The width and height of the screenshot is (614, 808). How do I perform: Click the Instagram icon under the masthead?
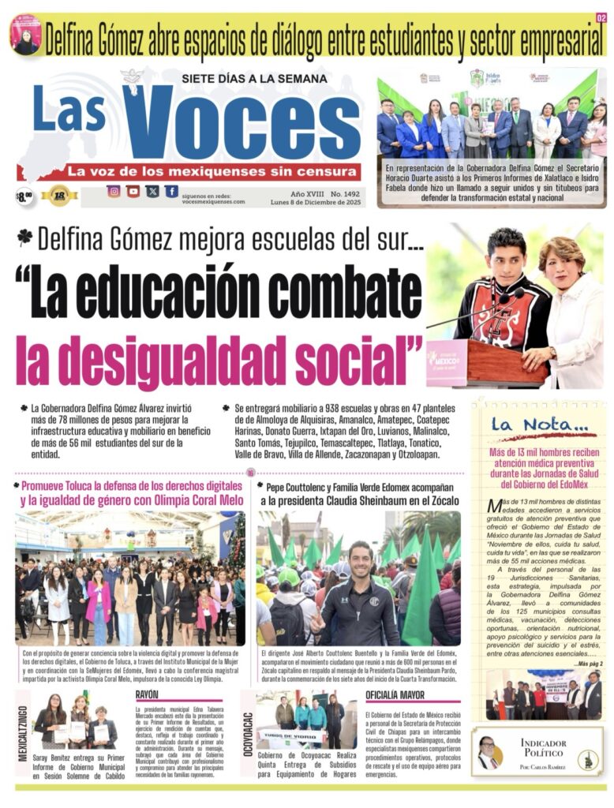114,191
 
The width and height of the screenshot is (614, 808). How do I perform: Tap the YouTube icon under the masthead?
133,191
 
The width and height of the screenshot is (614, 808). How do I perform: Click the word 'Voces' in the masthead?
241,123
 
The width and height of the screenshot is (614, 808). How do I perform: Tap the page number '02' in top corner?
601,17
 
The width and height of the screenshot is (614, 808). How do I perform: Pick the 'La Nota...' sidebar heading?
539,425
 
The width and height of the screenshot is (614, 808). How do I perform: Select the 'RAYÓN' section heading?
147,694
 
